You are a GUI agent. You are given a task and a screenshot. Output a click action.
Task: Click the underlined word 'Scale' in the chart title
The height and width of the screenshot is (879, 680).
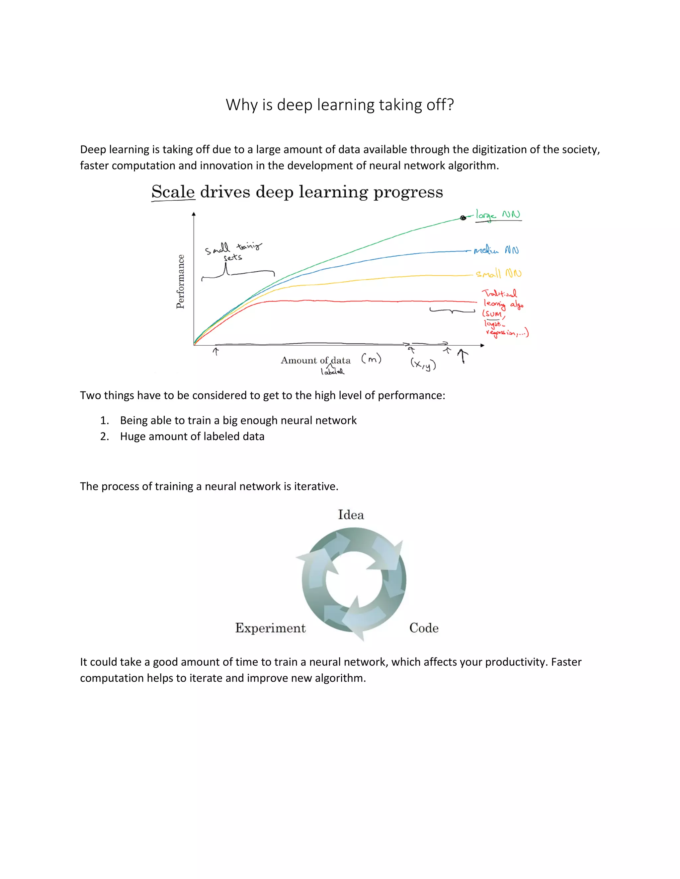pos(173,192)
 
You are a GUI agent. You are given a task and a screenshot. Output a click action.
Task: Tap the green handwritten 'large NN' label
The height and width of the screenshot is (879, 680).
pos(498,215)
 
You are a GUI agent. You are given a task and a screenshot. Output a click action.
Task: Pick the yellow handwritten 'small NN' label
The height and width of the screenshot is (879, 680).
pos(499,274)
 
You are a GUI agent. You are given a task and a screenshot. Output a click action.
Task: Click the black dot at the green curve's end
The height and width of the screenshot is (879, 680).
pos(463,218)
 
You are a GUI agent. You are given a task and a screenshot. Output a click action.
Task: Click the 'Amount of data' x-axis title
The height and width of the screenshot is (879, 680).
pos(315,360)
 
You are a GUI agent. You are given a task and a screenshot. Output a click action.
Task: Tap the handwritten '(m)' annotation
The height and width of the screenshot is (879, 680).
pos(371,359)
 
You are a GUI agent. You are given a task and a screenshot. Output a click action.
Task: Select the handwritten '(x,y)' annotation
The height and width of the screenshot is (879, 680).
pos(423,364)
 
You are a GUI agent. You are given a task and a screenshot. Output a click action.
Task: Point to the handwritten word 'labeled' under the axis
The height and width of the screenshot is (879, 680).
pos(332,372)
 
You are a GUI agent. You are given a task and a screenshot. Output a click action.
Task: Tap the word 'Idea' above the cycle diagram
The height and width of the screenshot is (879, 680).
pos(351,515)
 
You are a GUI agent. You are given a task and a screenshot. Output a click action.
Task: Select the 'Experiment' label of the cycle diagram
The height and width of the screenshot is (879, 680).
pos(270,628)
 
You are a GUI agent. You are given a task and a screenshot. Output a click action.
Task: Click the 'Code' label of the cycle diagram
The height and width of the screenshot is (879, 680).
pos(424,628)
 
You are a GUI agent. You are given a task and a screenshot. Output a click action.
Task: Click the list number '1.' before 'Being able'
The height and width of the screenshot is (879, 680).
pos(105,421)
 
